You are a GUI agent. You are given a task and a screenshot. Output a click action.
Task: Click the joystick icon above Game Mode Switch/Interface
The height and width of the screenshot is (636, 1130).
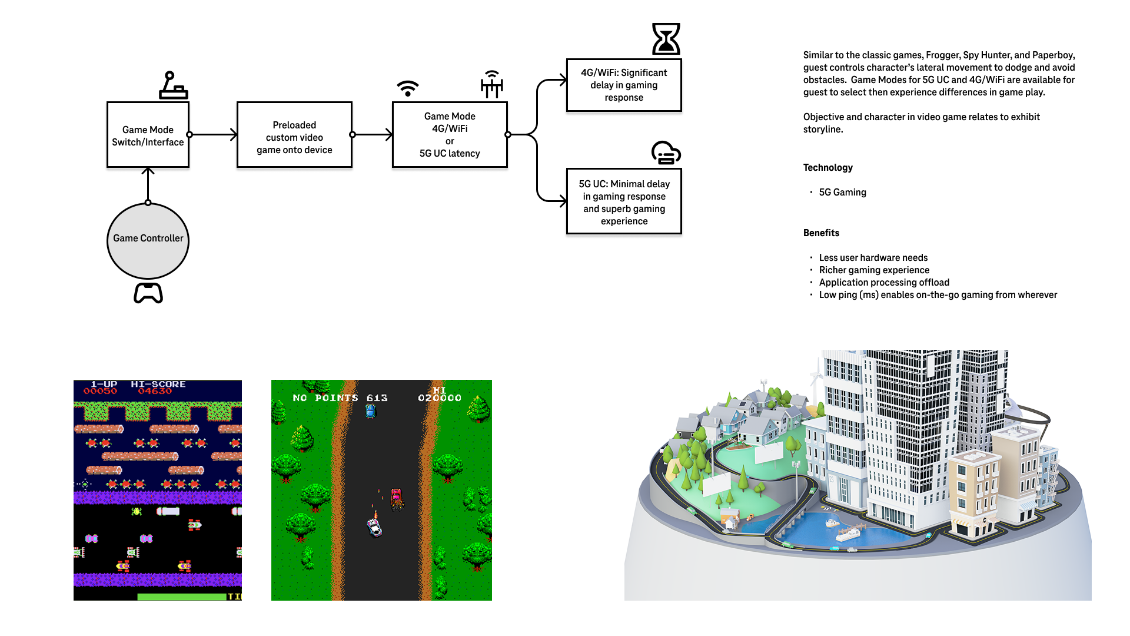[173, 85]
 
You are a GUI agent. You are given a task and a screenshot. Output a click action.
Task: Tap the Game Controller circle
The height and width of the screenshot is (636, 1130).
[148, 240]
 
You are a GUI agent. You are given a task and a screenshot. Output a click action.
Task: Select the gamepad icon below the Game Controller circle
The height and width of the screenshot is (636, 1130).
[148, 293]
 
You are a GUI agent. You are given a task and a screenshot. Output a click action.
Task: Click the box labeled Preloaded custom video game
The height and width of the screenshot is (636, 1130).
[294, 135]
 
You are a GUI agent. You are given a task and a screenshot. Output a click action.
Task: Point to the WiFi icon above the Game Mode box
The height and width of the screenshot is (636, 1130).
[407, 88]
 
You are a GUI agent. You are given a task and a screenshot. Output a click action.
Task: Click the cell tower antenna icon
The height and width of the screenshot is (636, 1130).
[492, 84]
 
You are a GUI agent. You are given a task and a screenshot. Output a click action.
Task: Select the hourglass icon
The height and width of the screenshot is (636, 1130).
[666, 39]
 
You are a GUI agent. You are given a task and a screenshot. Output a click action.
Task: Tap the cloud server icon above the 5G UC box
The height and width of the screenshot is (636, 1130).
[666, 153]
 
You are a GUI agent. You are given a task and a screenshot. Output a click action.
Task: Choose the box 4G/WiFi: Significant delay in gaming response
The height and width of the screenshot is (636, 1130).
[624, 85]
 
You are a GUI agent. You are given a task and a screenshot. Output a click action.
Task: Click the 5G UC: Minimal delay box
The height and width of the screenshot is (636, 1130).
[624, 201]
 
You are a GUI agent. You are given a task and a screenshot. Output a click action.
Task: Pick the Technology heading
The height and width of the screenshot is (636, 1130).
[827, 168]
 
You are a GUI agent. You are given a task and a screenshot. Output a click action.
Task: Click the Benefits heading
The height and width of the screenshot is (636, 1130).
[821, 233]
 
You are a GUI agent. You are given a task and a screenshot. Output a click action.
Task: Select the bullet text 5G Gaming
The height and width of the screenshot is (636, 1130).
[842, 193]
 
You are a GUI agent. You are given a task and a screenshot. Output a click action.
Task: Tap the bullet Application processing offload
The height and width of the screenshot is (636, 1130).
[884, 283]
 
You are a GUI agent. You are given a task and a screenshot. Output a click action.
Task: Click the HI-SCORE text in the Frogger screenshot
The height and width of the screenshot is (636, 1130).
[158, 385]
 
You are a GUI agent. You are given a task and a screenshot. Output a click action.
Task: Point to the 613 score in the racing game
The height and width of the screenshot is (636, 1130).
[377, 398]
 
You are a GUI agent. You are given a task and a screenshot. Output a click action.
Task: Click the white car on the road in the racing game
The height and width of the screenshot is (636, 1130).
[374, 526]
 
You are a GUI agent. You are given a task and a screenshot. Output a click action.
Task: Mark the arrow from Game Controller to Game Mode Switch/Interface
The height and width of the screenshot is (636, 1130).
[148, 185]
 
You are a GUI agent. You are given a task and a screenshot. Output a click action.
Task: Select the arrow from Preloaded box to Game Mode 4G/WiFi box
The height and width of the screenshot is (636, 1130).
[372, 135]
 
